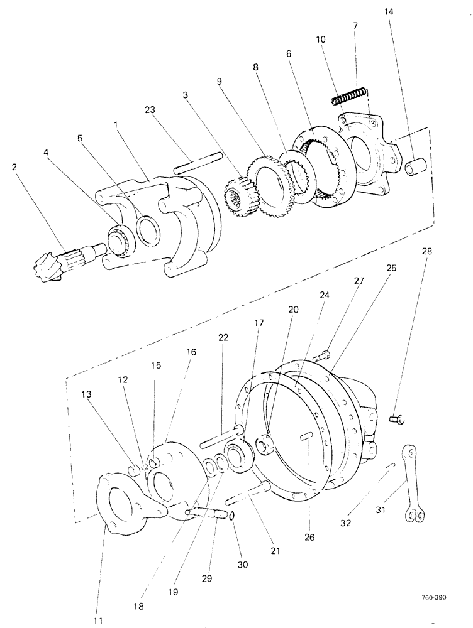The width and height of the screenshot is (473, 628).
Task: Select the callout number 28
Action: tap(427, 251)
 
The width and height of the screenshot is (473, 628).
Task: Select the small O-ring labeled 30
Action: tap(231, 516)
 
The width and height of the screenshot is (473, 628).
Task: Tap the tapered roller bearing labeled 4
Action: tap(118, 238)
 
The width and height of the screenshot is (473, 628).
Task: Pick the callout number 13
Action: tap(86, 393)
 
